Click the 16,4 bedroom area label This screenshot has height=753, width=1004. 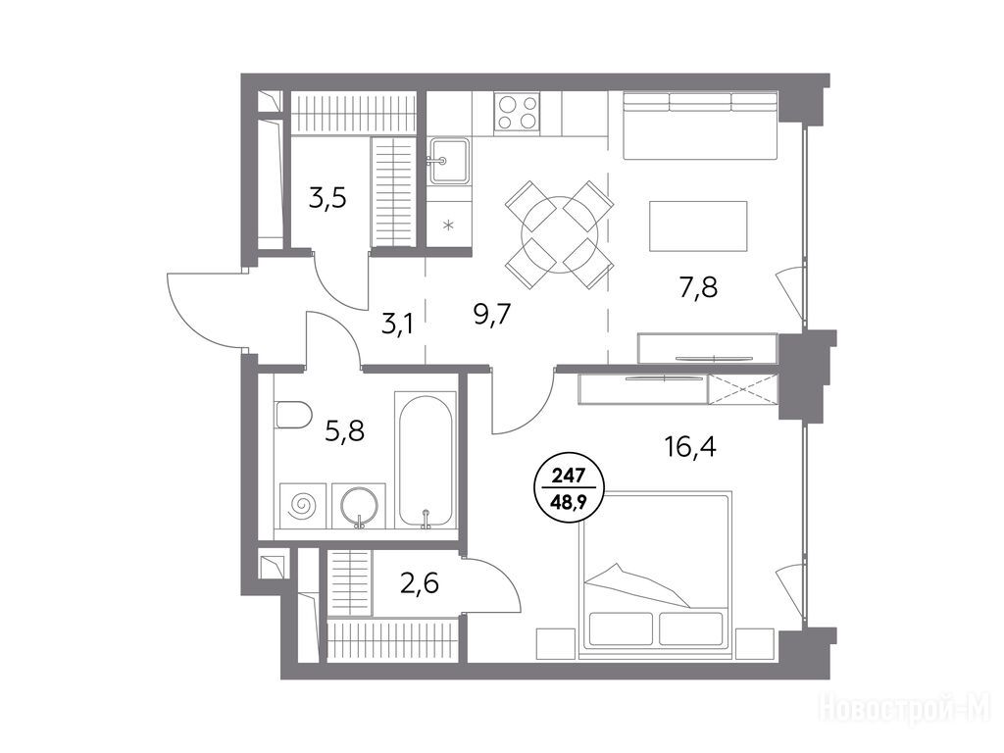point(689,446)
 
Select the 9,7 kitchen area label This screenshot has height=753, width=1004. point(492,315)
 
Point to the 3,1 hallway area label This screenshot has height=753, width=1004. point(397,325)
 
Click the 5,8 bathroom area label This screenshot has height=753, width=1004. point(345,431)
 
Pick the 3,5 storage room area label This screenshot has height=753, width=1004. point(327,198)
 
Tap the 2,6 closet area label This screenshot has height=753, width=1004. point(419,584)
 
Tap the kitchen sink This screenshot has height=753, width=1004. point(448,160)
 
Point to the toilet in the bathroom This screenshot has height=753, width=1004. point(292,415)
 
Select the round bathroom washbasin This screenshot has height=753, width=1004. point(361,506)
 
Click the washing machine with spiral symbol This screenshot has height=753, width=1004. point(303,506)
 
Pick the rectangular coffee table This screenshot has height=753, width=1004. point(698,226)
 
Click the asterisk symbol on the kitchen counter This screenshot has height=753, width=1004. point(449,225)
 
